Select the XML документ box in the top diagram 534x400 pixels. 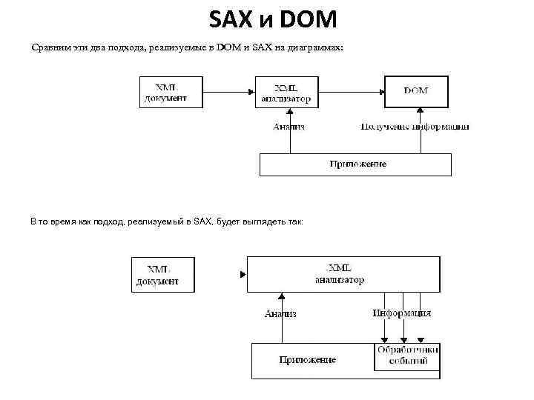pyautogui.click(x=171, y=92)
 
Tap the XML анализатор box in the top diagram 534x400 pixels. pyautogui.click(x=286, y=92)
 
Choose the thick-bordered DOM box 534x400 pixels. pyautogui.click(x=415, y=91)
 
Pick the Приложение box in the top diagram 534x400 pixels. pyautogui.click(x=355, y=164)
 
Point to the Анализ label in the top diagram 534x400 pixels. pyautogui.click(x=289, y=127)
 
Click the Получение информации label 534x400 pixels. pyautogui.click(x=415, y=127)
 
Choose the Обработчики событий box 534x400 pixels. pyautogui.click(x=407, y=356)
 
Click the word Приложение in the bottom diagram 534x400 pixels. pyautogui.click(x=308, y=360)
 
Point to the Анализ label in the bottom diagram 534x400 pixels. pyautogui.click(x=280, y=314)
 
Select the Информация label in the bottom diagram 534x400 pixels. pyautogui.click(x=401, y=313)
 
